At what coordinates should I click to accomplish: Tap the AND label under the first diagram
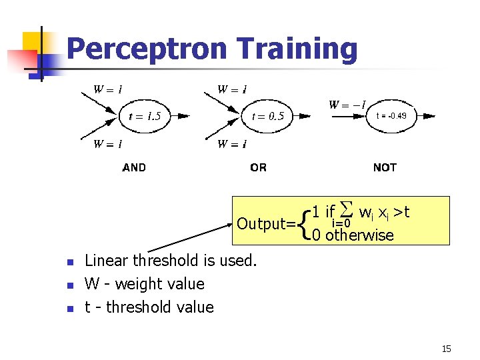pyautogui.click(x=134, y=168)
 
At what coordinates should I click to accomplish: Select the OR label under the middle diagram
pyautogui.click(x=258, y=168)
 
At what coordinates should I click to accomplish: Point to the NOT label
pyautogui.click(x=385, y=168)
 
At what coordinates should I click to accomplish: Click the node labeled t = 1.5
pyautogui.click(x=144, y=116)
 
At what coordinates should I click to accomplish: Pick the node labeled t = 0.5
pyautogui.click(x=267, y=116)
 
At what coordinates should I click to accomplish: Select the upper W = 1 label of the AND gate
pyautogui.click(x=107, y=89)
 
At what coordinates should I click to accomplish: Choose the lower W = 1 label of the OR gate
pyautogui.click(x=233, y=143)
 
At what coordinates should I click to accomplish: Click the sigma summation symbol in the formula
pyautogui.click(x=345, y=211)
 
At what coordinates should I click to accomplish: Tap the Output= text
pyautogui.click(x=266, y=223)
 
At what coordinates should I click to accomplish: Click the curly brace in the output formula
pyautogui.click(x=305, y=223)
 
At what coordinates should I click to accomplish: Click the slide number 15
pyautogui.click(x=446, y=349)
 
